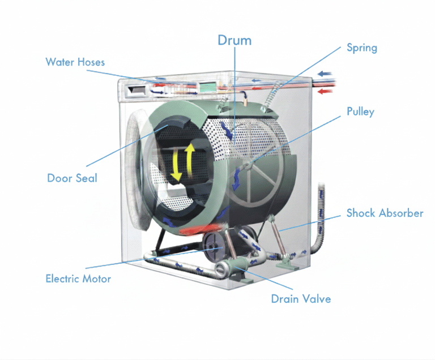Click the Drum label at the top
234,40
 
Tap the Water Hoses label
75,62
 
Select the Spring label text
361,48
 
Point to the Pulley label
360,112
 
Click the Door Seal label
72,178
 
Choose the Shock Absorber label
385,213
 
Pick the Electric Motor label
78,278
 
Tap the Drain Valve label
301,298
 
